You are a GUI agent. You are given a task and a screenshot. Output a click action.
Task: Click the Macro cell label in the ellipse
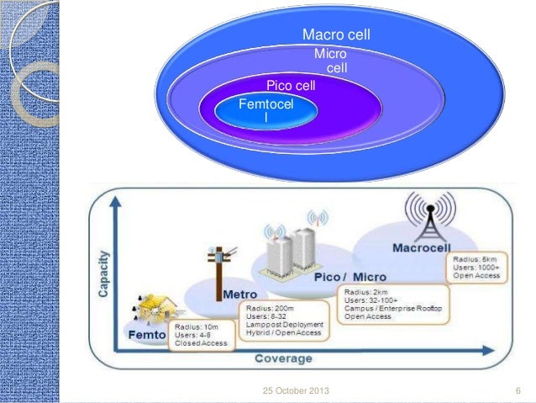click(336, 35)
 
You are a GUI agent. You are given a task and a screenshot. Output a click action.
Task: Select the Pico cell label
click(291, 85)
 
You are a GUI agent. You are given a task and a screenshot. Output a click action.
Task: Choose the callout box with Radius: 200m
click(285, 320)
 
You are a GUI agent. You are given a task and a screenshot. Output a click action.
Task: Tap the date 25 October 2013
click(296, 391)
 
